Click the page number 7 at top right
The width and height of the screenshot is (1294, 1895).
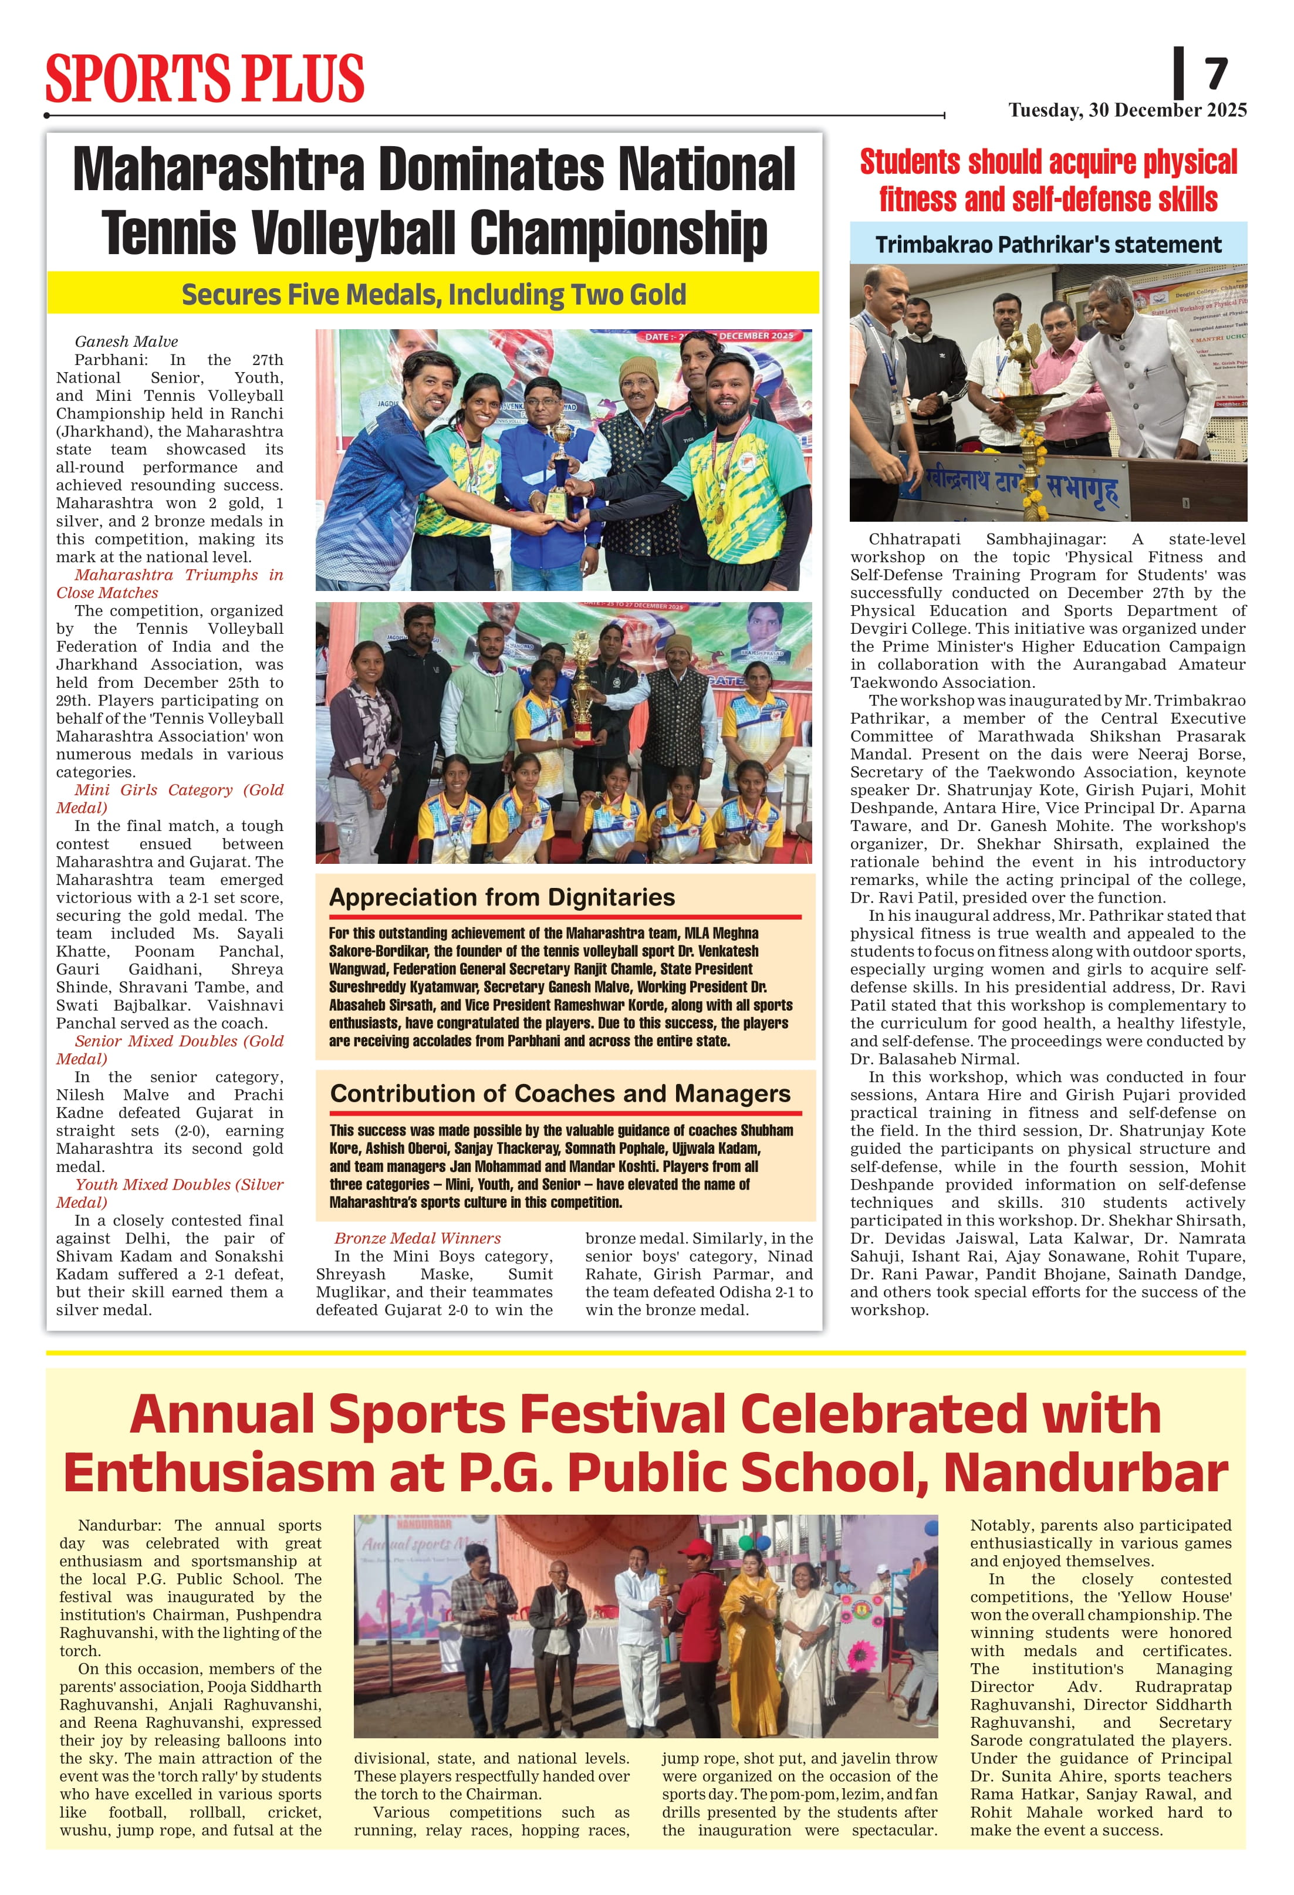pyautogui.click(x=1216, y=74)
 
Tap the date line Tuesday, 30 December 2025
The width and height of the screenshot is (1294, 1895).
pyautogui.click(x=1127, y=110)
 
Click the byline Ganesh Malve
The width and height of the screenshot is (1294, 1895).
pyautogui.click(x=126, y=342)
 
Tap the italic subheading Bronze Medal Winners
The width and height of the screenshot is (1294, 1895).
pyautogui.click(x=417, y=1238)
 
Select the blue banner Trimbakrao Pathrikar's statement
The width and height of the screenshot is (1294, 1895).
pyautogui.click(x=1048, y=245)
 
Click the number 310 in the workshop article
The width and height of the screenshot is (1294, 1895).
pyautogui.click(x=1072, y=1202)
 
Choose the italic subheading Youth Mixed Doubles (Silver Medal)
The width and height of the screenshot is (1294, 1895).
pyautogui.click(x=170, y=1194)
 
